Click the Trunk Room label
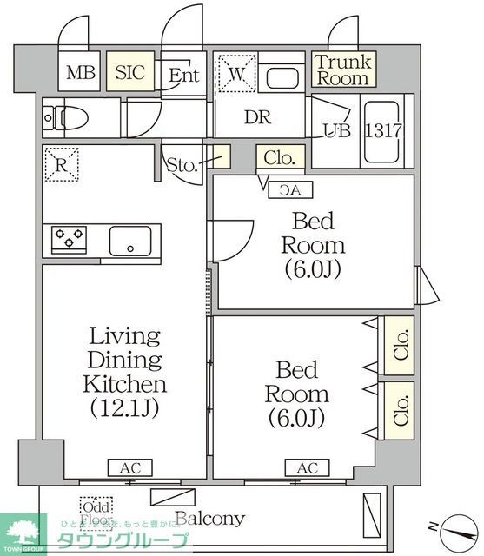click(x=342, y=69)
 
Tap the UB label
click(x=336, y=132)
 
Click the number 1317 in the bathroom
click(x=382, y=131)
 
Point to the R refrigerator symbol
click(x=63, y=163)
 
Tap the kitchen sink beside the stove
click(x=131, y=239)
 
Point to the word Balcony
click(x=209, y=520)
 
